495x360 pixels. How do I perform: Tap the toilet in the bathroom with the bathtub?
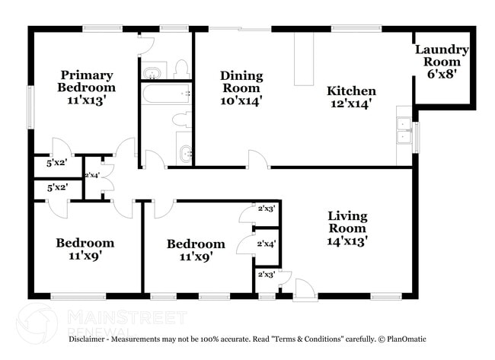[180, 120]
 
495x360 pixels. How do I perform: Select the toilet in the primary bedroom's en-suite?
[181, 70]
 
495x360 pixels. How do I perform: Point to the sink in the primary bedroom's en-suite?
[152, 72]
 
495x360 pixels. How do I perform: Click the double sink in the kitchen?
[404, 131]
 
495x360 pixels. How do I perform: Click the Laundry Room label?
[442, 56]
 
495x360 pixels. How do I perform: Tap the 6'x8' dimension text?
[442, 74]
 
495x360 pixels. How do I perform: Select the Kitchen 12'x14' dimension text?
[351, 105]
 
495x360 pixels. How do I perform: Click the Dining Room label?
[241, 82]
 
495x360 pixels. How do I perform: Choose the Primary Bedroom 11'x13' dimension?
[87, 100]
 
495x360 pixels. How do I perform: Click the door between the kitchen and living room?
[257, 160]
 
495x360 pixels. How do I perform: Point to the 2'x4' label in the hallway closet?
[92, 175]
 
